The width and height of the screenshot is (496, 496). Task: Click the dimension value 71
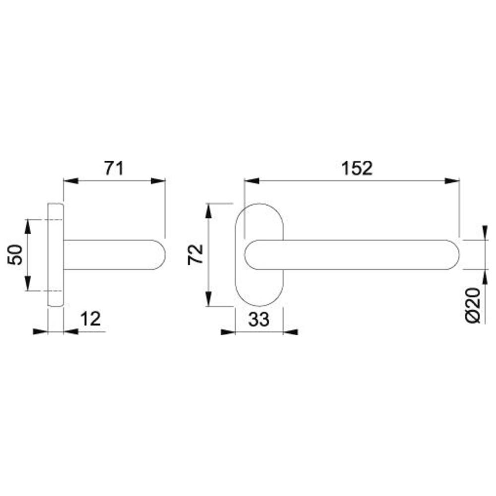point(114,168)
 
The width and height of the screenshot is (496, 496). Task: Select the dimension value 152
point(357,168)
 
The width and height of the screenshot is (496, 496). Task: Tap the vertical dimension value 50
point(15,254)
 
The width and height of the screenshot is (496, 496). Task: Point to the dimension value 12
point(90,318)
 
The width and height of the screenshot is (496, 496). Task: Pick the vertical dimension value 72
point(195,254)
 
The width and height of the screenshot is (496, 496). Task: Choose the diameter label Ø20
point(473,306)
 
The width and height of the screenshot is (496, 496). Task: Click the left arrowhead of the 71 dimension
point(71,181)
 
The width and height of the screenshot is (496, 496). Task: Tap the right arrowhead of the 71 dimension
point(158,181)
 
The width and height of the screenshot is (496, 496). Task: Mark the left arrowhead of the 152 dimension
point(252,181)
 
